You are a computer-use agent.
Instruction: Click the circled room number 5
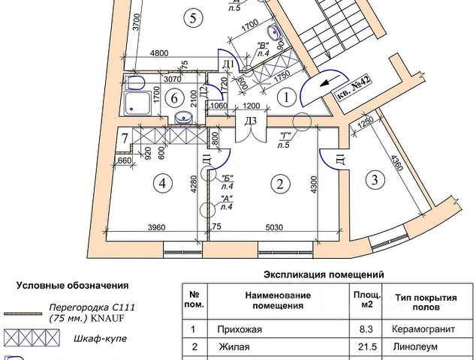point(193,19)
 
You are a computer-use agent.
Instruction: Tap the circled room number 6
point(173,97)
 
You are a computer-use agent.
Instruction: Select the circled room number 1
point(285,96)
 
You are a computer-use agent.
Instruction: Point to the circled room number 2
point(280,183)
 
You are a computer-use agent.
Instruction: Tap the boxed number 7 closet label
point(125,139)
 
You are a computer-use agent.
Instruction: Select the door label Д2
point(203,92)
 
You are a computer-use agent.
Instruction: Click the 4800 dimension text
point(158,54)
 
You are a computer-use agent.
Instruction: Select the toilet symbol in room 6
point(137,81)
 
